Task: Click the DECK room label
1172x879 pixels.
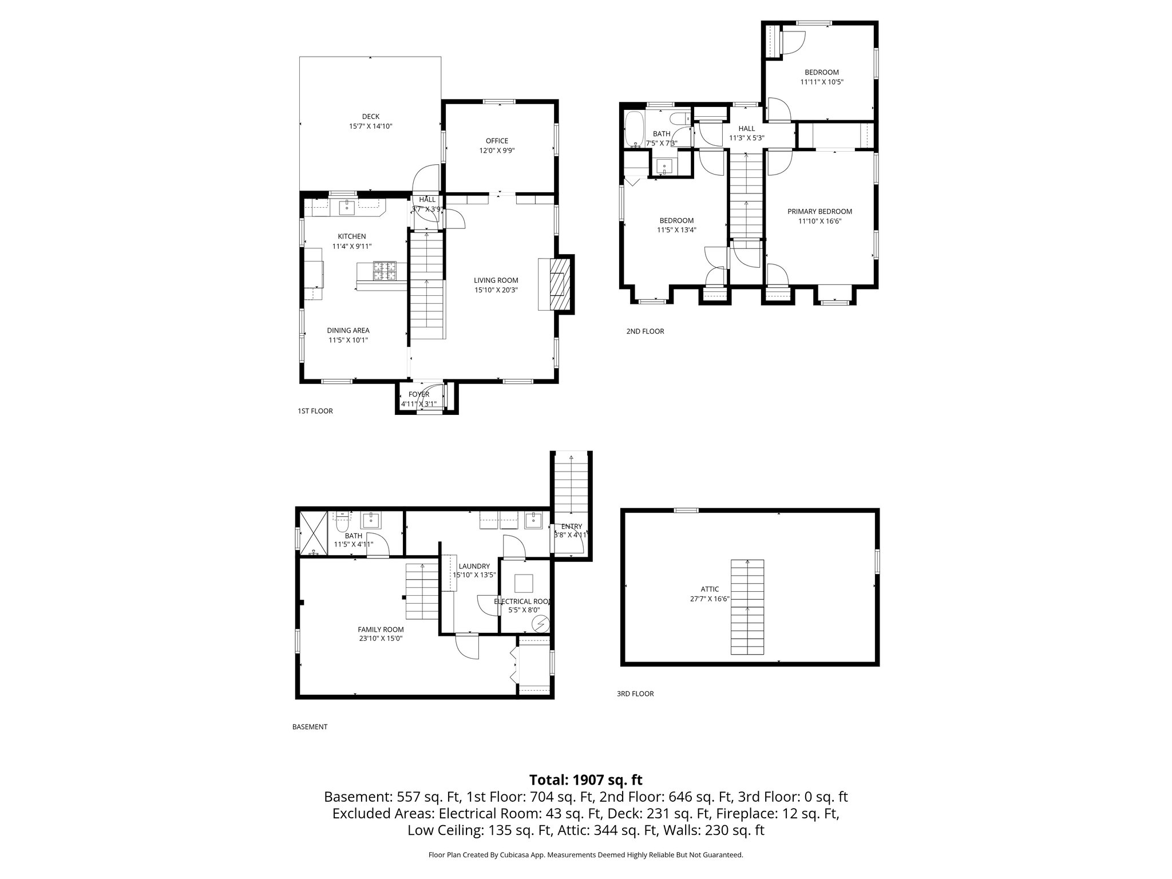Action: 370,117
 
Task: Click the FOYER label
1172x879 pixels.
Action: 418,394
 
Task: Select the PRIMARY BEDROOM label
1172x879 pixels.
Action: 819,211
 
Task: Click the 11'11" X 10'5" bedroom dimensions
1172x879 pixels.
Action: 821,82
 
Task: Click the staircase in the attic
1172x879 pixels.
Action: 747,607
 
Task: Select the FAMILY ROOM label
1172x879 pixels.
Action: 381,629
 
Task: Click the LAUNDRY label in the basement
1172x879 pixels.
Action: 474,566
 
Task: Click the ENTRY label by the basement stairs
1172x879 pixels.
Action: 571,526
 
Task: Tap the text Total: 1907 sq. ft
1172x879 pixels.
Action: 585,780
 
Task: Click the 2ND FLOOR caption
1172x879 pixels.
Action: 645,331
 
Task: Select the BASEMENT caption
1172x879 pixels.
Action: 310,727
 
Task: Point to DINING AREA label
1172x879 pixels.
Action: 348,330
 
